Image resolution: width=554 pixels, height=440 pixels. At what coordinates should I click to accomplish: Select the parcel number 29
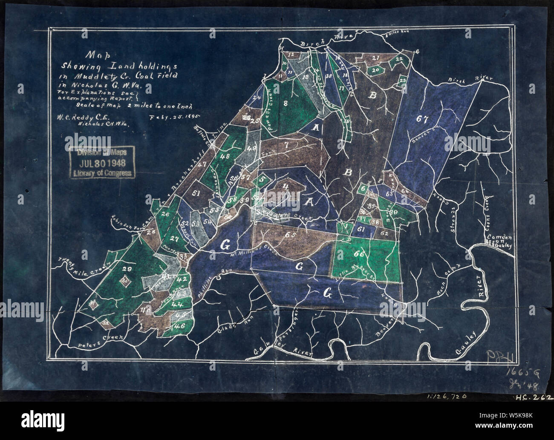(126, 269)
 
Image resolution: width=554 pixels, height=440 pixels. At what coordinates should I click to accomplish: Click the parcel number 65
(291, 235)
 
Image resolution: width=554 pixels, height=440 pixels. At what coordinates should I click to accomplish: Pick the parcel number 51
(196, 193)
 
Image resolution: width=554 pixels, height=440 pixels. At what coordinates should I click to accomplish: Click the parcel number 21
(375, 58)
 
